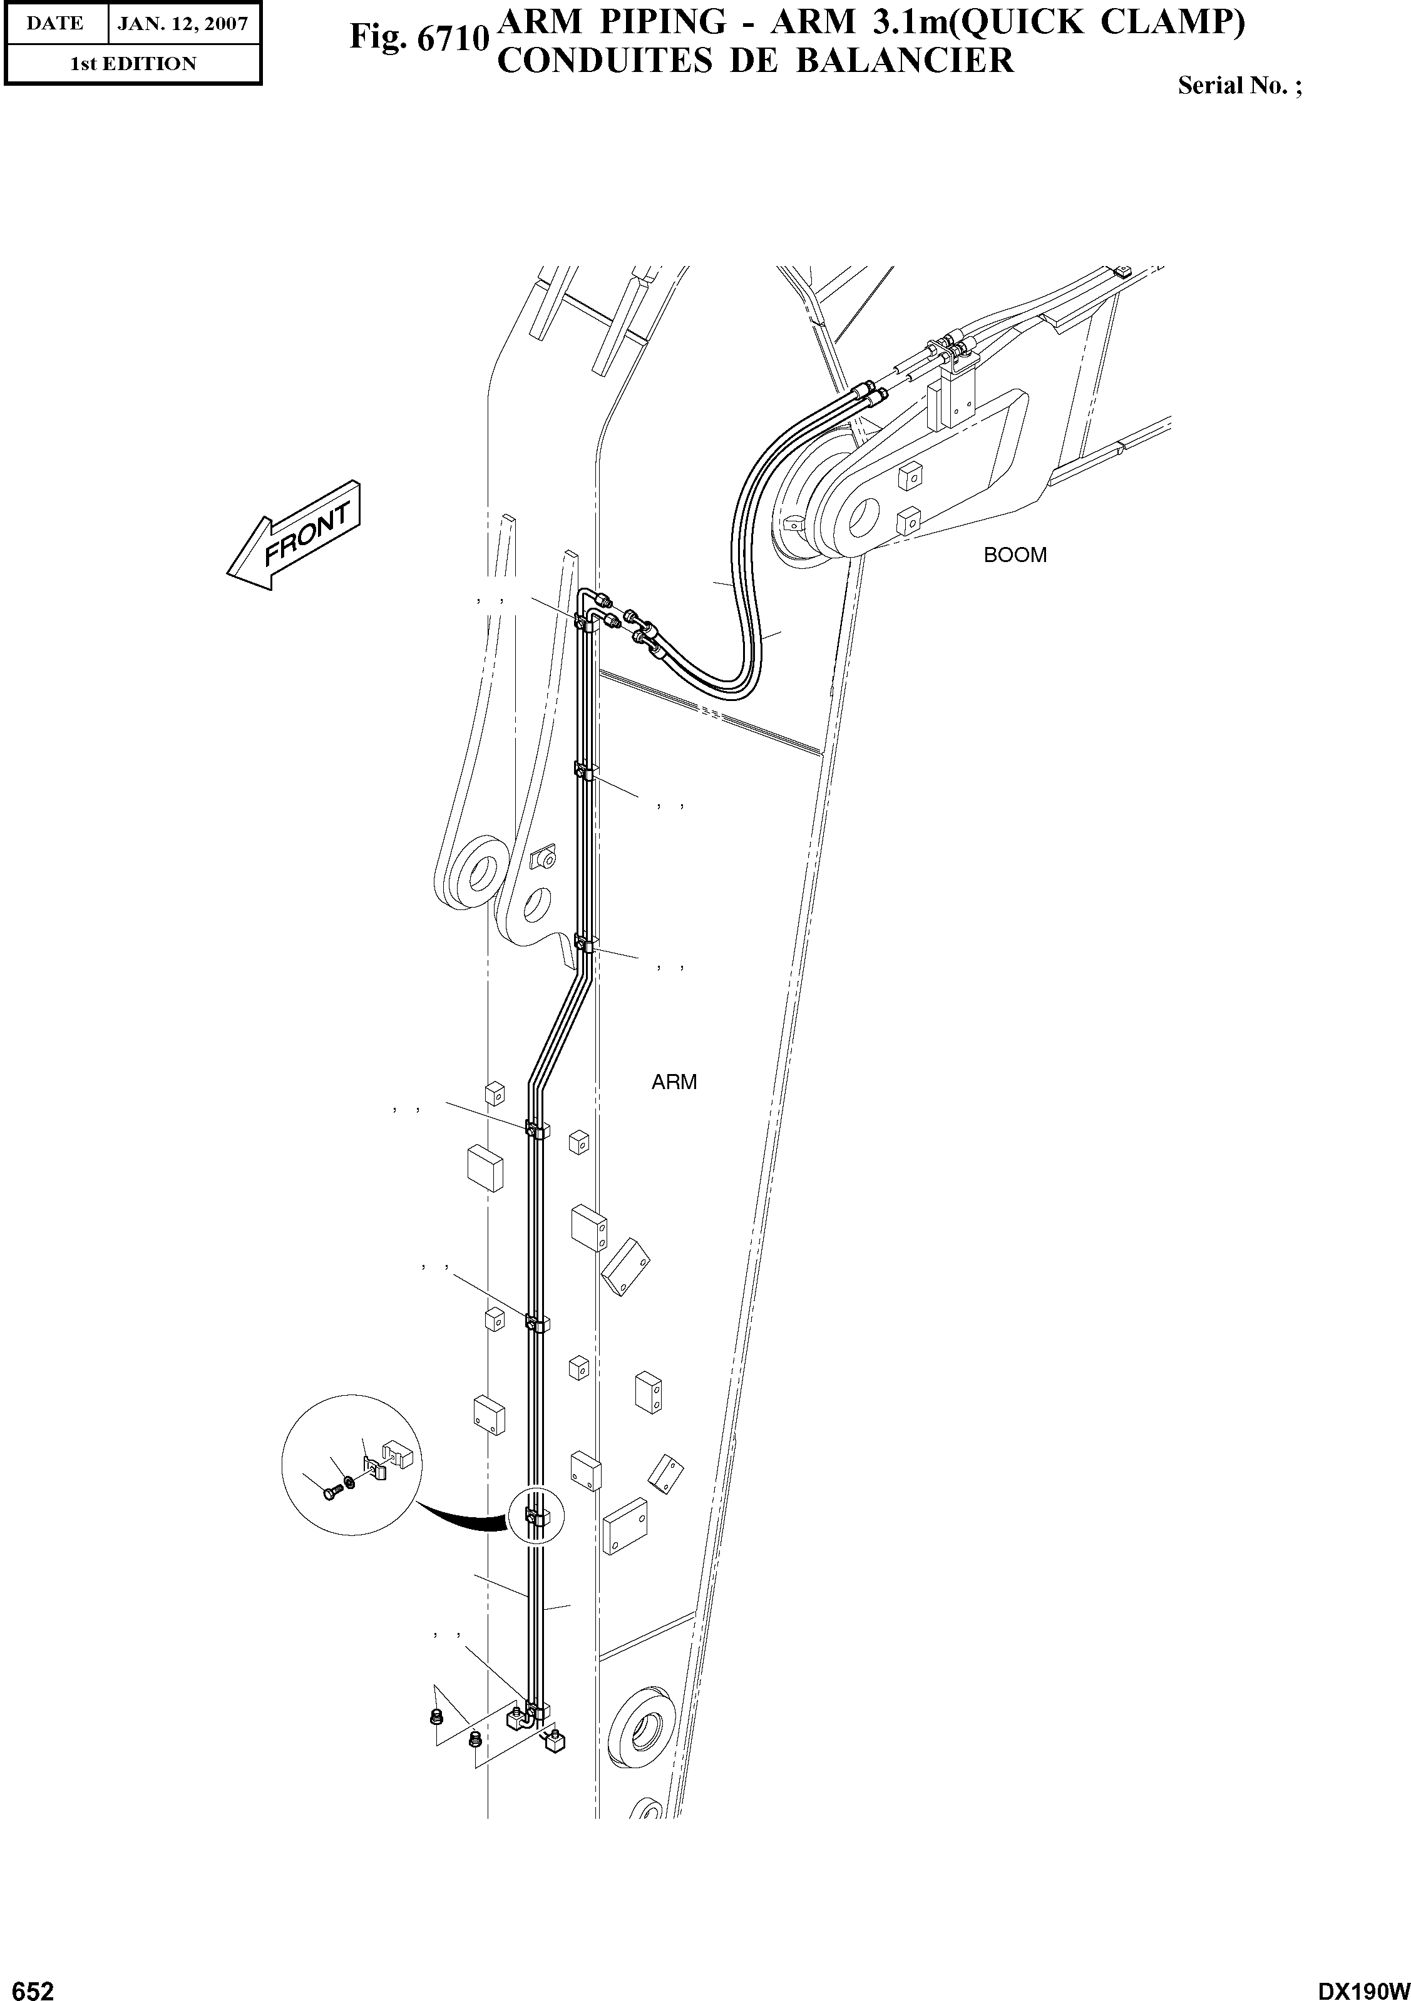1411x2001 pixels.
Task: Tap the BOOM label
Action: (1015, 555)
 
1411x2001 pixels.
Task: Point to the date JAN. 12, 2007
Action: (183, 24)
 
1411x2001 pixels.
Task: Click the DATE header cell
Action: (55, 24)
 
